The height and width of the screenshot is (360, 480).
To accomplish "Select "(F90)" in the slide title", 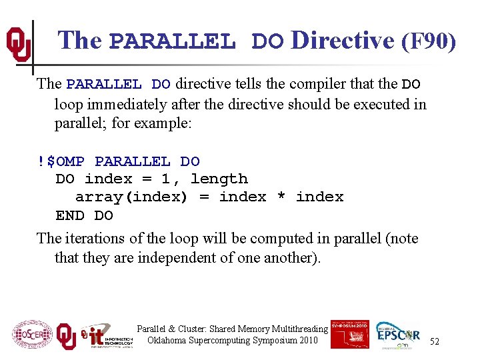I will pos(429,41).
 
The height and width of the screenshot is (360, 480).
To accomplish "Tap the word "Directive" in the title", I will pos(343,41).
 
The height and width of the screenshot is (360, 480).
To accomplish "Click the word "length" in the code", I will pos(219,179).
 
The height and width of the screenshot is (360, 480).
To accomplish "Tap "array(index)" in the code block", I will pos(131,197).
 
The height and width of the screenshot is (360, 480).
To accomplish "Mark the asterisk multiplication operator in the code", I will pos(281,197).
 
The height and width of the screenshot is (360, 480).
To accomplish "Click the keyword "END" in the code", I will pos(70,215).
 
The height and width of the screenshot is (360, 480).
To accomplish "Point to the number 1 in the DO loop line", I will pos(165,179).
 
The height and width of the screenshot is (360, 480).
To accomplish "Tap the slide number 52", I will pos(434,341).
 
